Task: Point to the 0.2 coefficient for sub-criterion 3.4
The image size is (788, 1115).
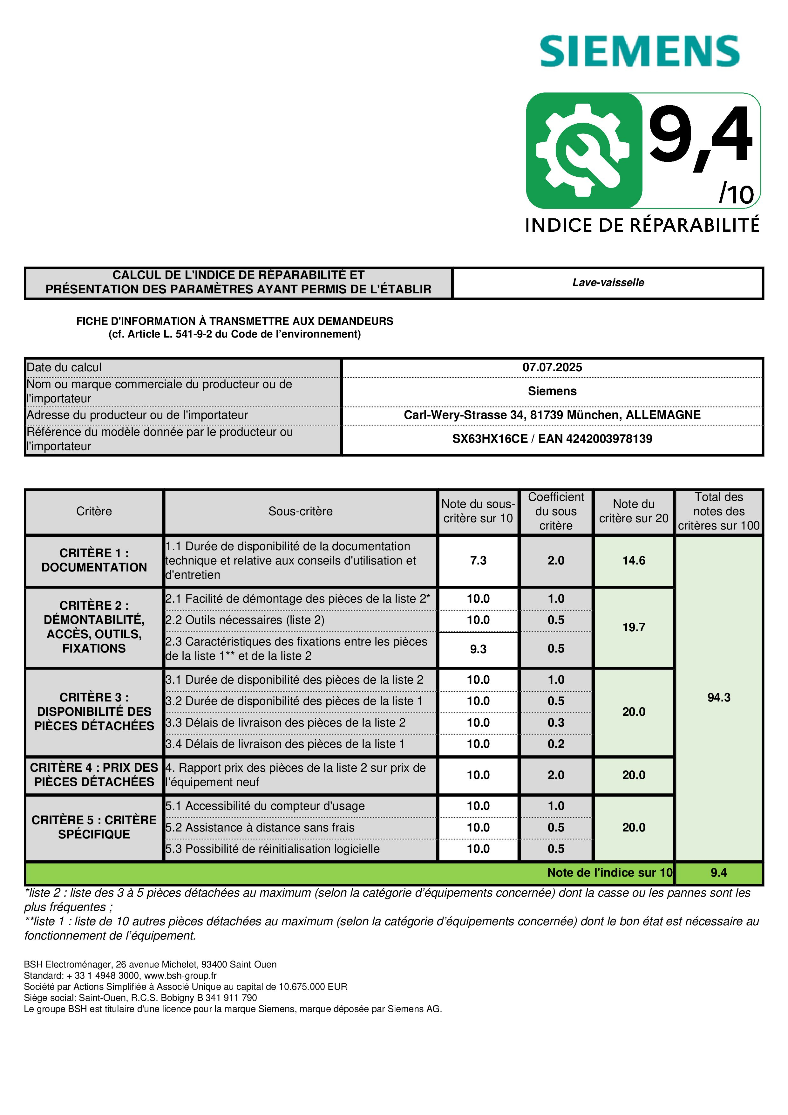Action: [x=556, y=744]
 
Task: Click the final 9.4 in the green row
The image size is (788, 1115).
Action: [x=718, y=873]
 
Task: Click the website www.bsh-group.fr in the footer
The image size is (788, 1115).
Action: [x=180, y=976]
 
